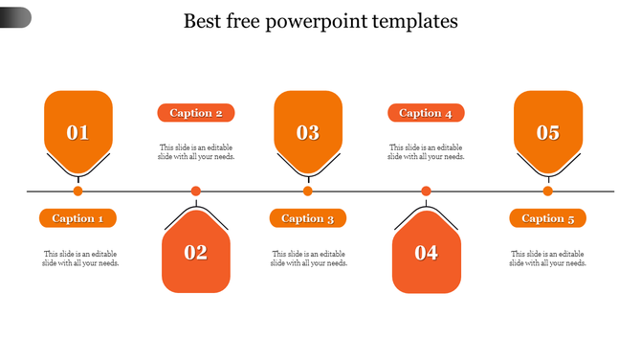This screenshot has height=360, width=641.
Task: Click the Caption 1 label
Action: coord(77,218)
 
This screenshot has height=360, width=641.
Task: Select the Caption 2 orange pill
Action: coord(196,113)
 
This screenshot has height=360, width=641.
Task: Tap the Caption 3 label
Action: coord(307,218)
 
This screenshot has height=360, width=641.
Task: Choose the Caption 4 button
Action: coord(426,113)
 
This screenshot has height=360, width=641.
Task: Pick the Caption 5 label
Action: coord(547,218)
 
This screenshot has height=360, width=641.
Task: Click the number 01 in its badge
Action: coord(77,133)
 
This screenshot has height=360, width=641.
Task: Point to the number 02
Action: coord(196,253)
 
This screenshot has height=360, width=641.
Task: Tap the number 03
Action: coord(307,133)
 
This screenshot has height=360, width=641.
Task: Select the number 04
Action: coord(426,253)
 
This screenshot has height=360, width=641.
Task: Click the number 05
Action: coord(547,133)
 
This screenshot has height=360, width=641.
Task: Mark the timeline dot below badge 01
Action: coord(78,191)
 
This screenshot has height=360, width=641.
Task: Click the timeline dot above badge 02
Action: coord(196,191)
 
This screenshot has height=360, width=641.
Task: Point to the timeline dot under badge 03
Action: coord(308,191)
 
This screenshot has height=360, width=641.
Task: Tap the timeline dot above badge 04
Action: coord(426,191)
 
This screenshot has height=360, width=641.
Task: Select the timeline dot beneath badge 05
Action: coord(548,191)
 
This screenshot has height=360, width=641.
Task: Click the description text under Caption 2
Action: coord(196,152)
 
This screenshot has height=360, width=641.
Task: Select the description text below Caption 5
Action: coord(547,259)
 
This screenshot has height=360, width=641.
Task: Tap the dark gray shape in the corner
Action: coord(15,16)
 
